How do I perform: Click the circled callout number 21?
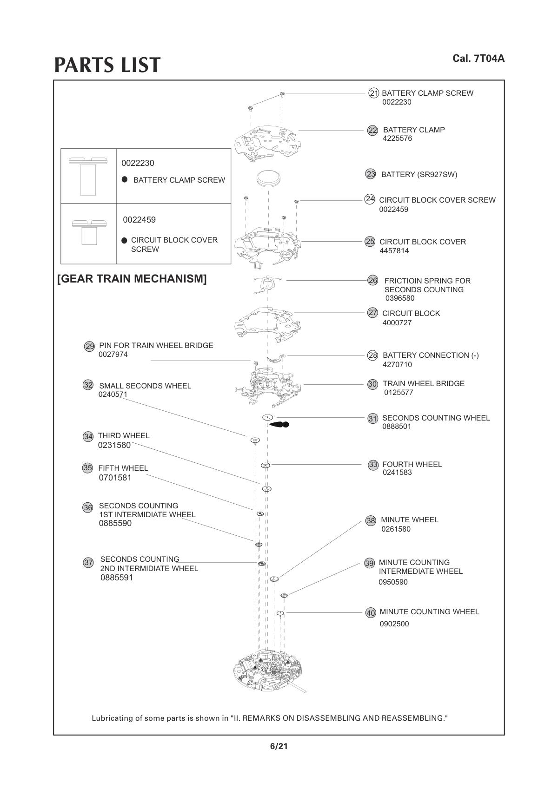[x=373, y=93]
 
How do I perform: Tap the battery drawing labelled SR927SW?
[x=269, y=178]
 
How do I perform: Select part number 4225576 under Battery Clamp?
[x=397, y=138]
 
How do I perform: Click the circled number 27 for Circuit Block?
[x=373, y=313]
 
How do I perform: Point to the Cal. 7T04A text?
[x=478, y=59]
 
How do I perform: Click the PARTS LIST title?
[x=107, y=65]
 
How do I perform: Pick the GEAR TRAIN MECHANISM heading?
[x=132, y=279]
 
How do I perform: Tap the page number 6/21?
[x=279, y=747]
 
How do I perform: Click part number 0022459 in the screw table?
[x=139, y=220]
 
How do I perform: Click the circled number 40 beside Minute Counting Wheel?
[x=371, y=613]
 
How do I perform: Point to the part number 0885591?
[x=117, y=578]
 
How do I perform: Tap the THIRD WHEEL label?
[x=124, y=436]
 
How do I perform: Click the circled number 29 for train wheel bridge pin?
[x=89, y=346]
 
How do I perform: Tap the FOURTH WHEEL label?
[x=412, y=464]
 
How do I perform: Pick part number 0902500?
[x=394, y=624]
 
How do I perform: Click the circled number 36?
[x=88, y=507]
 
